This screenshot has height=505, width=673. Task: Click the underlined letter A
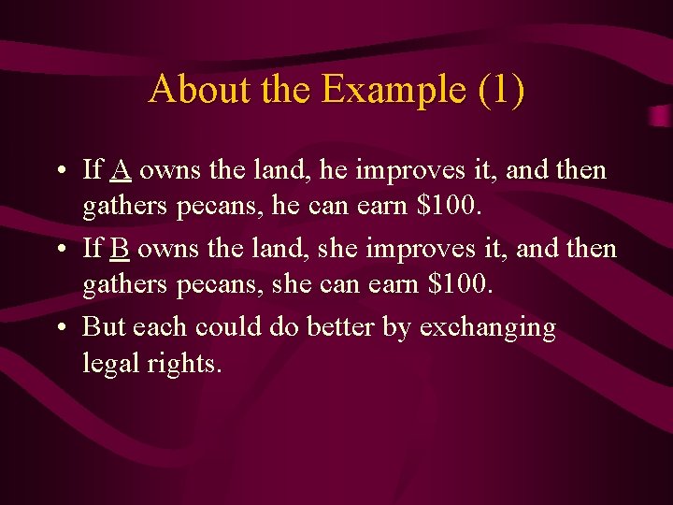tap(121, 171)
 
